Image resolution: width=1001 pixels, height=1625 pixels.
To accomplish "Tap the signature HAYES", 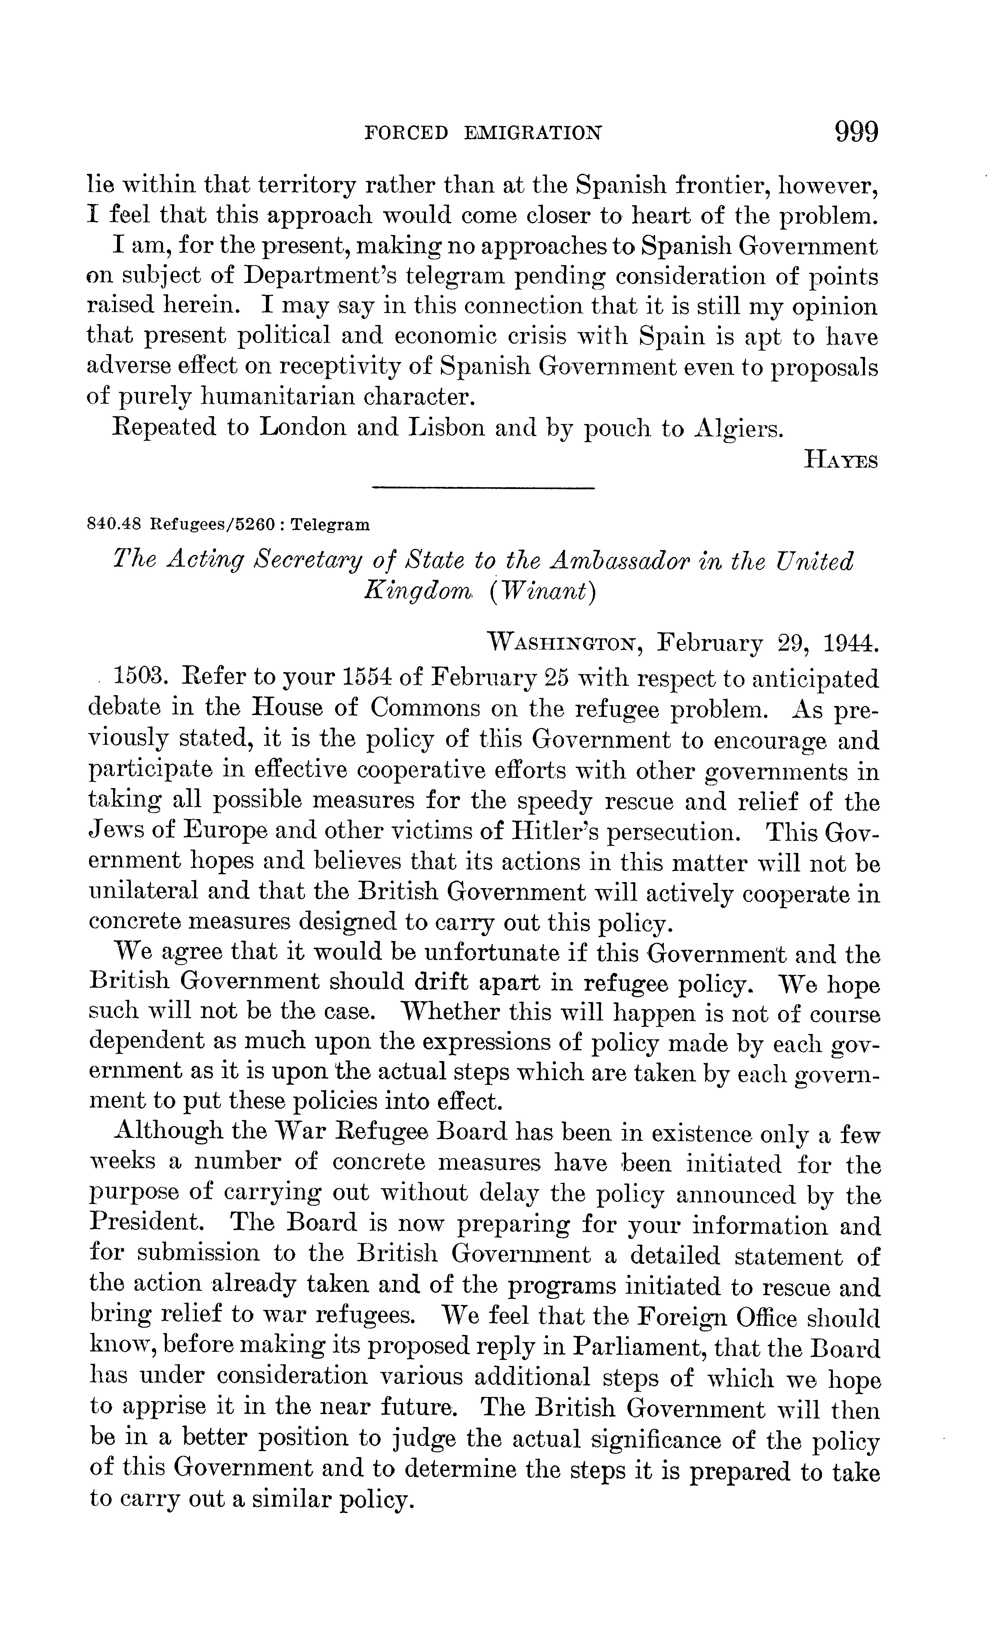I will coord(841,460).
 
